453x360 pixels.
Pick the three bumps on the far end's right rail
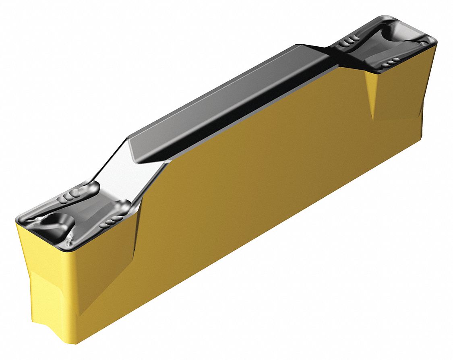tap(391, 62)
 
